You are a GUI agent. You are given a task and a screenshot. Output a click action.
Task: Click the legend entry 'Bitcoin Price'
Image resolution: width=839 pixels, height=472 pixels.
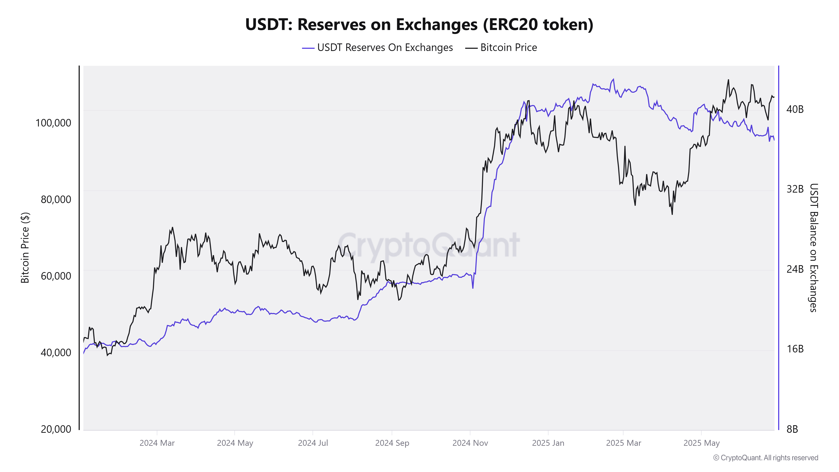(x=508, y=48)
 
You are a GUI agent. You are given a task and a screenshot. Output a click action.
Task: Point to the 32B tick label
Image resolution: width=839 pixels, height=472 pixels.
(x=795, y=189)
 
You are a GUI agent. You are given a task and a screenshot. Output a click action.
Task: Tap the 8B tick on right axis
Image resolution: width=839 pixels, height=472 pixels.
(x=792, y=429)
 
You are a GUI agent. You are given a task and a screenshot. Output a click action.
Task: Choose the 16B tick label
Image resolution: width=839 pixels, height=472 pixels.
(x=795, y=349)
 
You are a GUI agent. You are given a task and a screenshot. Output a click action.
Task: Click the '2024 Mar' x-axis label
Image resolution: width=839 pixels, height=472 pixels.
(x=157, y=443)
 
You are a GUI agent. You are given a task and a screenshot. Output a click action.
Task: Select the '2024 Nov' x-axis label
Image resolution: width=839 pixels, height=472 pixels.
(x=470, y=443)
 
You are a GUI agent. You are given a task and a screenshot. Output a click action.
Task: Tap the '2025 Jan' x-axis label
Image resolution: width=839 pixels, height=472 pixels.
(x=548, y=443)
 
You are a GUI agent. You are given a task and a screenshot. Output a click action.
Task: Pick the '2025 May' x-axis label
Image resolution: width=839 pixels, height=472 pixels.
(x=701, y=443)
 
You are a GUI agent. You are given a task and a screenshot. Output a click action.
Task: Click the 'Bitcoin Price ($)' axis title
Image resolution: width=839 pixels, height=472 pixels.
(x=25, y=248)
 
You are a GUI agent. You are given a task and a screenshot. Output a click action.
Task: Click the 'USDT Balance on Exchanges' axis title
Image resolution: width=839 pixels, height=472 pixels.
(x=813, y=248)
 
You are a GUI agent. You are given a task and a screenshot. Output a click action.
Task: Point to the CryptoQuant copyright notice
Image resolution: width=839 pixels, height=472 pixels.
(x=765, y=458)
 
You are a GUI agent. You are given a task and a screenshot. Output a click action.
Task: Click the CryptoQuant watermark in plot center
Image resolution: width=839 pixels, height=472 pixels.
(x=428, y=245)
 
